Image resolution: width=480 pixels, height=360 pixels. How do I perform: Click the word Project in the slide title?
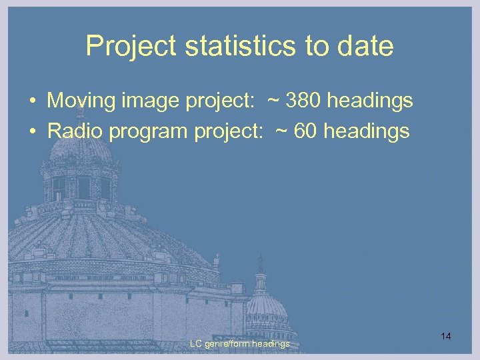125,46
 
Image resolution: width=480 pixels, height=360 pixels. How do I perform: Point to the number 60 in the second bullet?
306,131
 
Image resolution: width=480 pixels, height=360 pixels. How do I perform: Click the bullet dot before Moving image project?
32,102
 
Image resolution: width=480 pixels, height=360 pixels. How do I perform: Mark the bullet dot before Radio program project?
32,132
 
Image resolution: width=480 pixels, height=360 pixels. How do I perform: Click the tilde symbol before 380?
274,101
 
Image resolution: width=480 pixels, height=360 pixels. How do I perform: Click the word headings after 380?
370,101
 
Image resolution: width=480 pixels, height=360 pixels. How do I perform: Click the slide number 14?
446,337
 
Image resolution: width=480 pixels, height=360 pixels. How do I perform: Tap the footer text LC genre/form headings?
239,343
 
